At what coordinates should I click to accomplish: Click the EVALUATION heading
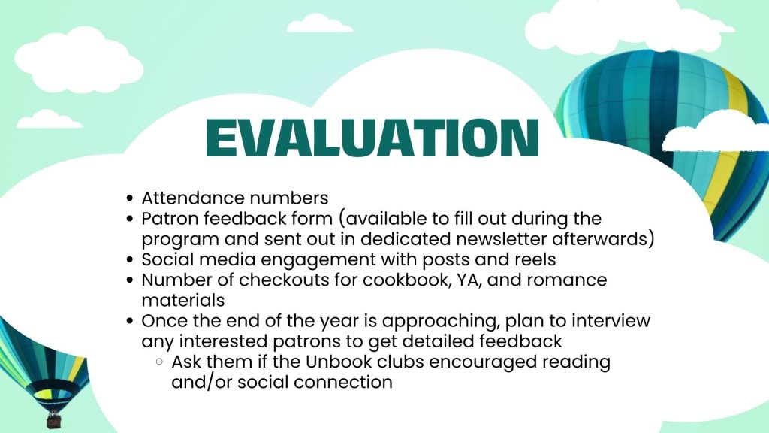[372, 138]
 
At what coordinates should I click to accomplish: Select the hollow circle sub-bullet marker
[159, 362]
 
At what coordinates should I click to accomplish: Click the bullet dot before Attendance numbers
[129, 198]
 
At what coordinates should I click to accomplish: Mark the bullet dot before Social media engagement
[129, 259]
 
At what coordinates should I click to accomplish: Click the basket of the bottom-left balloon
[54, 420]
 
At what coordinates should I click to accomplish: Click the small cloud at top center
[319, 23]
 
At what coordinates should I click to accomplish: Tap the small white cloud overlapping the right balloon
[716, 131]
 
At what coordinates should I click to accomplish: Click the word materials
[183, 301]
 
